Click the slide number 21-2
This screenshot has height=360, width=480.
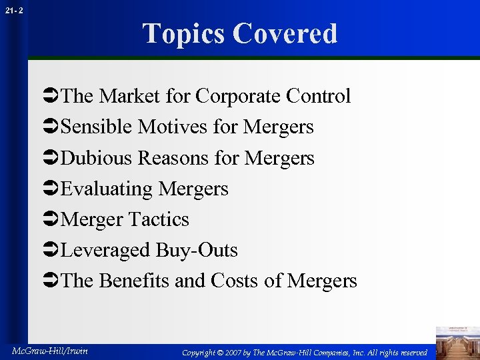coord(13,11)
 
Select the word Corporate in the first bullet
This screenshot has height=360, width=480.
coord(238,96)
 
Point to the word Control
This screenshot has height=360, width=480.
coord(318,96)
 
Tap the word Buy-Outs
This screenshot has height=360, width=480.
coord(197,250)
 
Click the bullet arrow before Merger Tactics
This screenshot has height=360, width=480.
coord(51,220)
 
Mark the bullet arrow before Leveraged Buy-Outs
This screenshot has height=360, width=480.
coord(51,251)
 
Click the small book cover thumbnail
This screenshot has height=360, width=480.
coord(457,342)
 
